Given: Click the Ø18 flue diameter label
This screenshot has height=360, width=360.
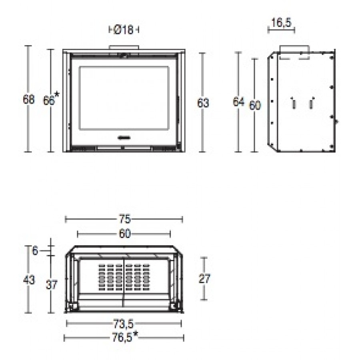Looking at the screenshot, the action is (x=124, y=30).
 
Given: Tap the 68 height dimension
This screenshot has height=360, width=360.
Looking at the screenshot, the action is (x=29, y=100).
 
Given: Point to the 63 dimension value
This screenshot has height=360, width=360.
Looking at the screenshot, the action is (x=203, y=103).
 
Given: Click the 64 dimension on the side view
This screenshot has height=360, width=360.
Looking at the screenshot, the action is (x=238, y=102).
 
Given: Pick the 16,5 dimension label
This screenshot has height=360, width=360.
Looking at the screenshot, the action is (x=281, y=22).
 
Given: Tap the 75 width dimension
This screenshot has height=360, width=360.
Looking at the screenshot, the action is (x=125, y=219).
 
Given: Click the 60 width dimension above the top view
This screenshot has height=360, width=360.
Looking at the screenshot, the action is (x=125, y=234).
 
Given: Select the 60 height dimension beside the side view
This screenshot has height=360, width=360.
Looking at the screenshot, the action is (x=255, y=105).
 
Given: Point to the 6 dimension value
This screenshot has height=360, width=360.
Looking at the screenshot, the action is (x=35, y=250).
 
